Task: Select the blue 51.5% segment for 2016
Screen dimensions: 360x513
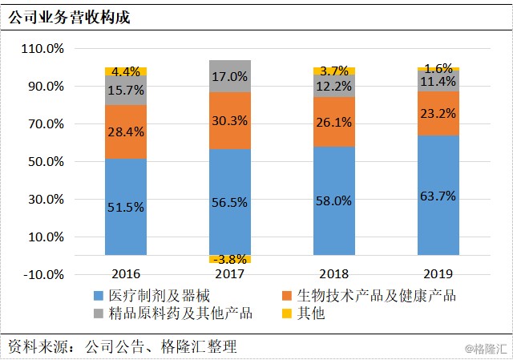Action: pyautogui.click(x=126, y=206)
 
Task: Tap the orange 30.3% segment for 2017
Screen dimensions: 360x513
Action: pyautogui.click(x=230, y=120)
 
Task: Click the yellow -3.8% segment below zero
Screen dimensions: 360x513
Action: pyautogui.click(x=230, y=259)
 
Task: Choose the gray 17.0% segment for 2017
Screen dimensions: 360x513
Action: pyautogui.click(x=230, y=76)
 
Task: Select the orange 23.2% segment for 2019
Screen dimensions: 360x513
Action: pyautogui.click(x=438, y=114)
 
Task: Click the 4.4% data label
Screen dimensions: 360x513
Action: pyautogui.click(x=126, y=71)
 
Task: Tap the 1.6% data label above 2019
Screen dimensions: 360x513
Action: pyautogui.click(x=438, y=68)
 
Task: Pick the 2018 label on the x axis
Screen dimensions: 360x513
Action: pyautogui.click(x=334, y=274)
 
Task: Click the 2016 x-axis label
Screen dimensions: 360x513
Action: pyautogui.click(x=126, y=274)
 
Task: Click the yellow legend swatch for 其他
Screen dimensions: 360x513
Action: pyautogui.click(x=283, y=313)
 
